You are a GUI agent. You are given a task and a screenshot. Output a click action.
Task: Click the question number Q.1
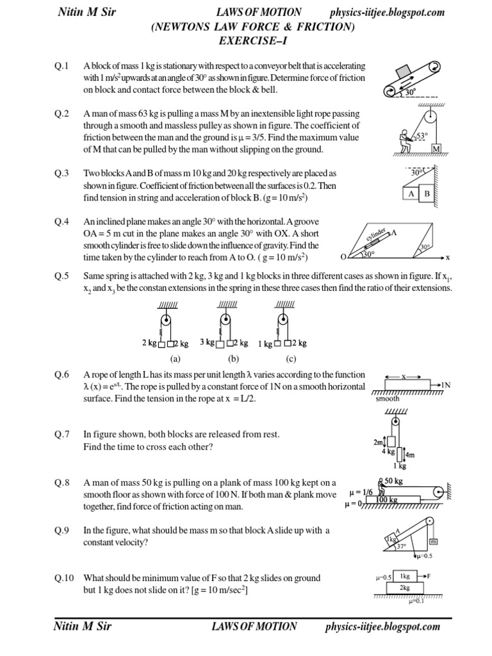61,66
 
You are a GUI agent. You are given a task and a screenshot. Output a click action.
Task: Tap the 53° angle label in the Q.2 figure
421,136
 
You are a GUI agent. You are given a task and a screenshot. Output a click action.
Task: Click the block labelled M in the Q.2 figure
437,149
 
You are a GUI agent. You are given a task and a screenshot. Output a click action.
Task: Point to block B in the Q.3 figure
426,193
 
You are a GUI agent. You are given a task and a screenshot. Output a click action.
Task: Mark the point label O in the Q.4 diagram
343,257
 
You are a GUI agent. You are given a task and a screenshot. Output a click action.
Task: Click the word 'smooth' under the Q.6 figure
388,398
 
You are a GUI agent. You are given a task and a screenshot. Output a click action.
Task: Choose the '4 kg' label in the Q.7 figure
388,451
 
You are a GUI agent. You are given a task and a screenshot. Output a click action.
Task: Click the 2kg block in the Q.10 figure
406,587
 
